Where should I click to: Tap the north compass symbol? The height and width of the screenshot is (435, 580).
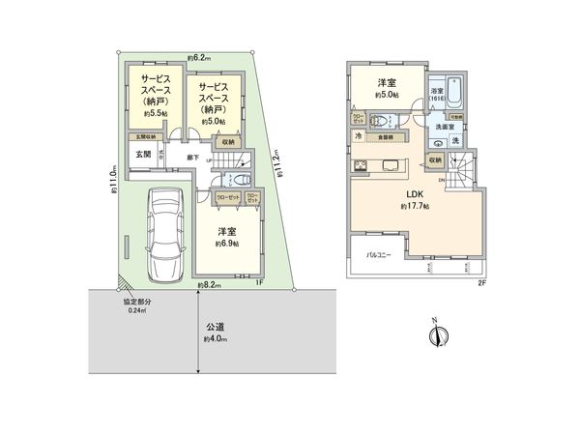coord(437,335)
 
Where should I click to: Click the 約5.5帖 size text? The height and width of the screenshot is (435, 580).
coord(155,114)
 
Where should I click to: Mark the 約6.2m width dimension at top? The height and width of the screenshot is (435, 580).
coord(202,57)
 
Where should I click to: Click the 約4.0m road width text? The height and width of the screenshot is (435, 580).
coord(216,340)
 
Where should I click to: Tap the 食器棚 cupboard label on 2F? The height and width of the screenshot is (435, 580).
coord(384,138)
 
